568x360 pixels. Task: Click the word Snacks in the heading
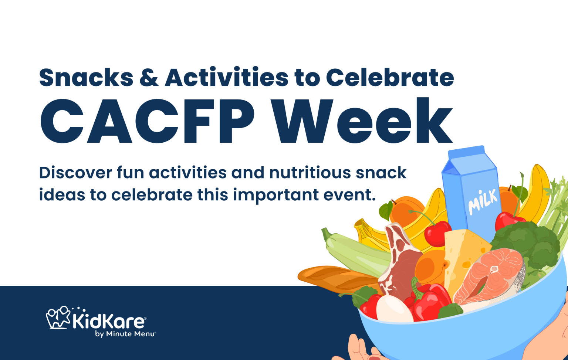(86, 78)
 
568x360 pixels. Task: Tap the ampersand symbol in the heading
(149, 78)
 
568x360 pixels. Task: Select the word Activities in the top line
(226, 78)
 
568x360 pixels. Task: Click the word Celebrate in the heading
(390, 78)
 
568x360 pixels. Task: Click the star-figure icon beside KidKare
(58, 317)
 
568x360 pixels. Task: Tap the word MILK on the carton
(483, 202)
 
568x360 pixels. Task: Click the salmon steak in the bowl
(490, 275)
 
